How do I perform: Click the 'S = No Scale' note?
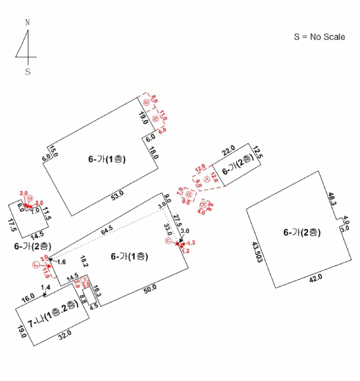click(319, 37)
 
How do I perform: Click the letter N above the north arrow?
click(27, 22)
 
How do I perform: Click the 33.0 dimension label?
click(168, 230)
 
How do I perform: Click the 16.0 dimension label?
click(27, 297)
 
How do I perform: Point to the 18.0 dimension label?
click(154, 153)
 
